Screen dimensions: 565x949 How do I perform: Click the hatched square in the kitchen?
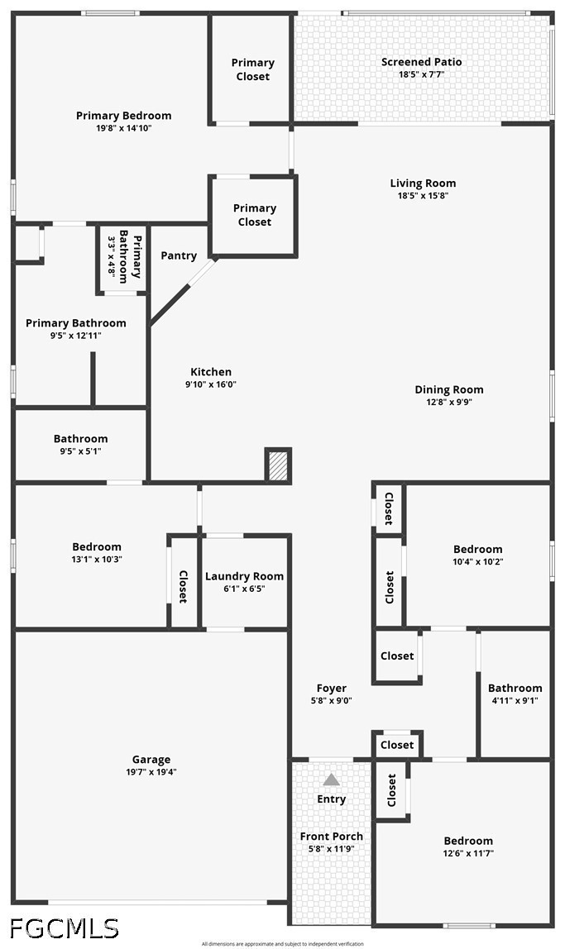[x=278, y=465]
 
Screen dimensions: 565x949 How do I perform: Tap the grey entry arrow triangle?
[x=331, y=779]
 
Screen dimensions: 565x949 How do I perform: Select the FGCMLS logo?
[x=65, y=928]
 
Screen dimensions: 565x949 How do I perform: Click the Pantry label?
[x=179, y=255]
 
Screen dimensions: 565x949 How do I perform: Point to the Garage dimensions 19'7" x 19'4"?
[x=151, y=771]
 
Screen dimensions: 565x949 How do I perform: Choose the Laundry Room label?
[x=244, y=576]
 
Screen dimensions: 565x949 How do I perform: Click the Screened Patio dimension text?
[x=422, y=74]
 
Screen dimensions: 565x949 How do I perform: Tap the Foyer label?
[x=331, y=688]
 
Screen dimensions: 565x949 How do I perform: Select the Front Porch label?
[x=331, y=836]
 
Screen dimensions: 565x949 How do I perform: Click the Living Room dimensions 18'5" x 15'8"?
[x=423, y=195]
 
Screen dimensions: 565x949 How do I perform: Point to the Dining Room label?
[x=448, y=390]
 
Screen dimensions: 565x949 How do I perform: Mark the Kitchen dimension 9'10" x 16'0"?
[x=211, y=384]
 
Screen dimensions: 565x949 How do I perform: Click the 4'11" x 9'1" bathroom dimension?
[x=515, y=701]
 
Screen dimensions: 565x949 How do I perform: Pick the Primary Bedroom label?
[x=123, y=116]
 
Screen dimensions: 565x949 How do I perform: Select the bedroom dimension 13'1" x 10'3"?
[x=97, y=559]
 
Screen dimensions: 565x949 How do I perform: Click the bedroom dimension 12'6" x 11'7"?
[x=468, y=853]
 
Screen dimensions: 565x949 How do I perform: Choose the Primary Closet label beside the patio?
[x=252, y=69]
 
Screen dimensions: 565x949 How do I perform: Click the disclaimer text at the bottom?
[x=283, y=943]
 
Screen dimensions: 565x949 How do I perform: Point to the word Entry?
[x=331, y=799]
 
